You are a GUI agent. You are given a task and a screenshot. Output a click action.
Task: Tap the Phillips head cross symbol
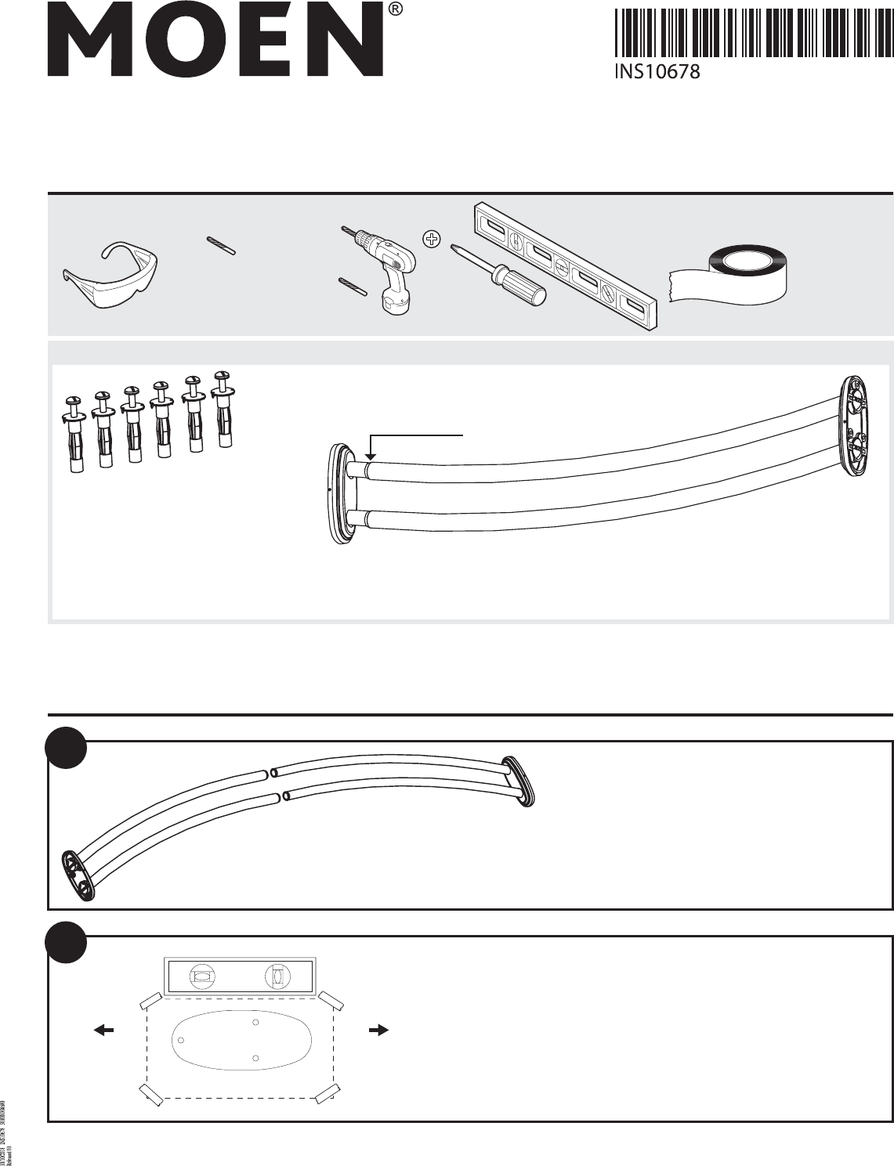pyautogui.click(x=430, y=240)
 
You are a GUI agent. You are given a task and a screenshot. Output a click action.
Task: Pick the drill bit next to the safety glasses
pyautogui.click(x=222, y=244)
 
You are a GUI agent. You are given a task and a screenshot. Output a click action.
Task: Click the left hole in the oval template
pyautogui.click(x=181, y=1040)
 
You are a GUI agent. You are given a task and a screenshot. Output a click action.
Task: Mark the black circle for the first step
pyautogui.click(x=65, y=749)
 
